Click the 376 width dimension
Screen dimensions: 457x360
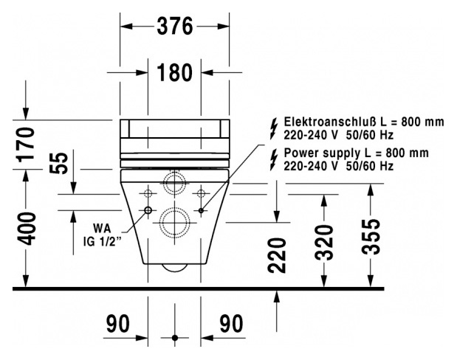(175, 27)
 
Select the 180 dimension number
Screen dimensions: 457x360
(175, 72)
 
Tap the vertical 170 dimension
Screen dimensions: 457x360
(26, 145)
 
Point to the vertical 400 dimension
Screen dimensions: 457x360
(26, 229)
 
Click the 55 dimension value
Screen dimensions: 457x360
(58, 163)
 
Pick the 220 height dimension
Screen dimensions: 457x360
(277, 256)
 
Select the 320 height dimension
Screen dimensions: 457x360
(324, 243)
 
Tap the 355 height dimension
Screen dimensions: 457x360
(371, 237)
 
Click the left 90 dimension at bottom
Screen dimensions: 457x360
(118, 324)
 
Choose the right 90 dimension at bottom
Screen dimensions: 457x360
(231, 324)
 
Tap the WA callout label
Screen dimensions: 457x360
(102, 229)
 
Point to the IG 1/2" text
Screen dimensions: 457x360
(102, 242)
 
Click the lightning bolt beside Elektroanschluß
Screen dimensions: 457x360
(274, 129)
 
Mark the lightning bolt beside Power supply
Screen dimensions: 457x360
(274, 160)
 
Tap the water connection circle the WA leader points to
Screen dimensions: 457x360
(148, 210)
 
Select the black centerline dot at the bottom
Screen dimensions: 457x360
(174, 338)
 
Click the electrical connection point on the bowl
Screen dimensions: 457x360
(201, 210)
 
